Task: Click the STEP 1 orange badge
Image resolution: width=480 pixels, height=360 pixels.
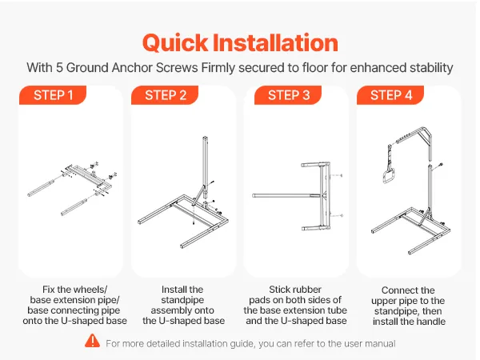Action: click(53, 95)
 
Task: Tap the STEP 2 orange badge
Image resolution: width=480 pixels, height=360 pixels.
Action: click(165, 95)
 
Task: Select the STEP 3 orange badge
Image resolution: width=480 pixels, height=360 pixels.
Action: click(288, 95)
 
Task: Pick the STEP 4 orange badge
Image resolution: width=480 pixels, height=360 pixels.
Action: click(390, 95)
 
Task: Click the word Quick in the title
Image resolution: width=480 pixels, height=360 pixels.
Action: click(175, 43)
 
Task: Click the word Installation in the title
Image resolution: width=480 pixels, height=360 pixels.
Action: click(275, 42)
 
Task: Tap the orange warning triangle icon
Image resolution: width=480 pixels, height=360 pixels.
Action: click(93, 341)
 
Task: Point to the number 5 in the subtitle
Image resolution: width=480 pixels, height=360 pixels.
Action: click(59, 68)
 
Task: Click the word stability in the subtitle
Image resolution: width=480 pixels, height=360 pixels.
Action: click(432, 68)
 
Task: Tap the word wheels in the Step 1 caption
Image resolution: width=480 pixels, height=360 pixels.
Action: click(90, 290)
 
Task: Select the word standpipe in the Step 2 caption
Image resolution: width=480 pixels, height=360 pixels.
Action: click(182, 300)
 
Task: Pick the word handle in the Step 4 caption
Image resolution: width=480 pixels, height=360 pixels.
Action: click(430, 322)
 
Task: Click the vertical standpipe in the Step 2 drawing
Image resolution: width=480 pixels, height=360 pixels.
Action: click(205, 167)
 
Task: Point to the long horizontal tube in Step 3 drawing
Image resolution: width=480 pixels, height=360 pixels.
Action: click(286, 195)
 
